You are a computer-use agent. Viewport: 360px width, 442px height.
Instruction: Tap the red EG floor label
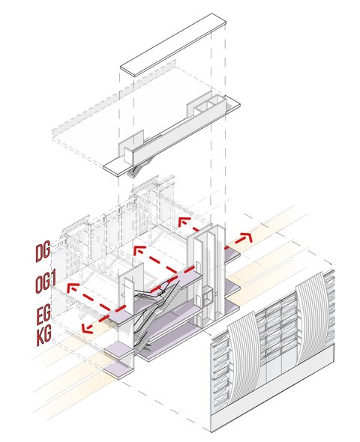click(x=43, y=313)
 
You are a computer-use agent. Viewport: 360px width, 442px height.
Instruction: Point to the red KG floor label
click(x=44, y=336)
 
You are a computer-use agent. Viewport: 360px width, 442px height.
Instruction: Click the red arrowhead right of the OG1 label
click(x=72, y=288)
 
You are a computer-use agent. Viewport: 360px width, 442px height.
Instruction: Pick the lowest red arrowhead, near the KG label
click(x=87, y=328)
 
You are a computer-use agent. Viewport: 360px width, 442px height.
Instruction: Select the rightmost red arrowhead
click(x=246, y=236)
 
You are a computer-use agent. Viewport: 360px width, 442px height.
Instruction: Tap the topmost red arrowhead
click(x=184, y=222)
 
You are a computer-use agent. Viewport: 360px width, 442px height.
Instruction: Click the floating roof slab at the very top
click(x=173, y=45)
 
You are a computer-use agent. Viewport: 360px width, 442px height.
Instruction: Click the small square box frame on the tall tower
click(x=208, y=297)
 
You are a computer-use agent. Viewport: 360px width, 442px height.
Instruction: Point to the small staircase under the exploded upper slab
click(x=137, y=169)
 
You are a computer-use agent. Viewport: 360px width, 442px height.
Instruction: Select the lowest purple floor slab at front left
click(x=118, y=371)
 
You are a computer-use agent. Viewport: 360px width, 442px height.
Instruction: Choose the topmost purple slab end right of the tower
click(x=232, y=253)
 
